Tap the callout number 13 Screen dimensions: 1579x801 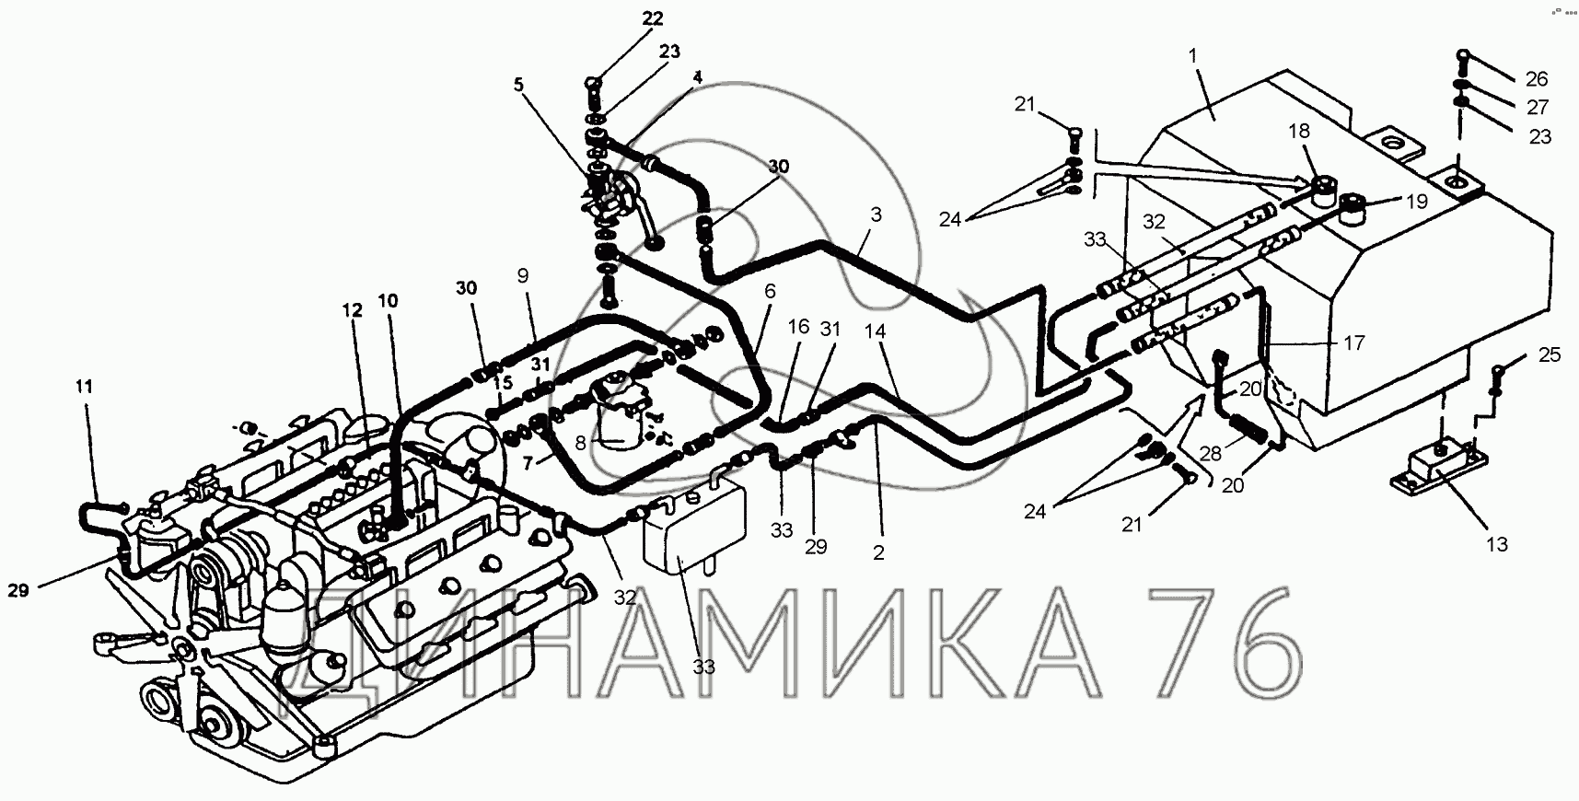point(1497,544)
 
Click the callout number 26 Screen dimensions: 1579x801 point(1537,78)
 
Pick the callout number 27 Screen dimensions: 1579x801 point(1537,107)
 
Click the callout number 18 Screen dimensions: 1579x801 point(1298,131)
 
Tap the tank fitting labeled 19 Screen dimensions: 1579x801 point(1354,210)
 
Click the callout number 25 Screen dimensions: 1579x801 point(1550,354)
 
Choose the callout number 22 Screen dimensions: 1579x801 point(652,18)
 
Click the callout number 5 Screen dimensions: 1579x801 point(518,85)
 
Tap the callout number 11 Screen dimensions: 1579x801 point(84,389)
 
